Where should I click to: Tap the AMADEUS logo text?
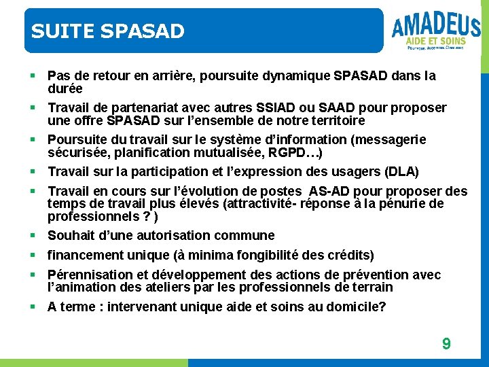pos(435,27)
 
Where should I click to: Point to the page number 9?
pos(446,344)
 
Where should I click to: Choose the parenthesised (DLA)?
pos(403,171)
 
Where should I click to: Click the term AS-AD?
pos(331,191)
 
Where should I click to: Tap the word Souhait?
pos(71,236)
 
